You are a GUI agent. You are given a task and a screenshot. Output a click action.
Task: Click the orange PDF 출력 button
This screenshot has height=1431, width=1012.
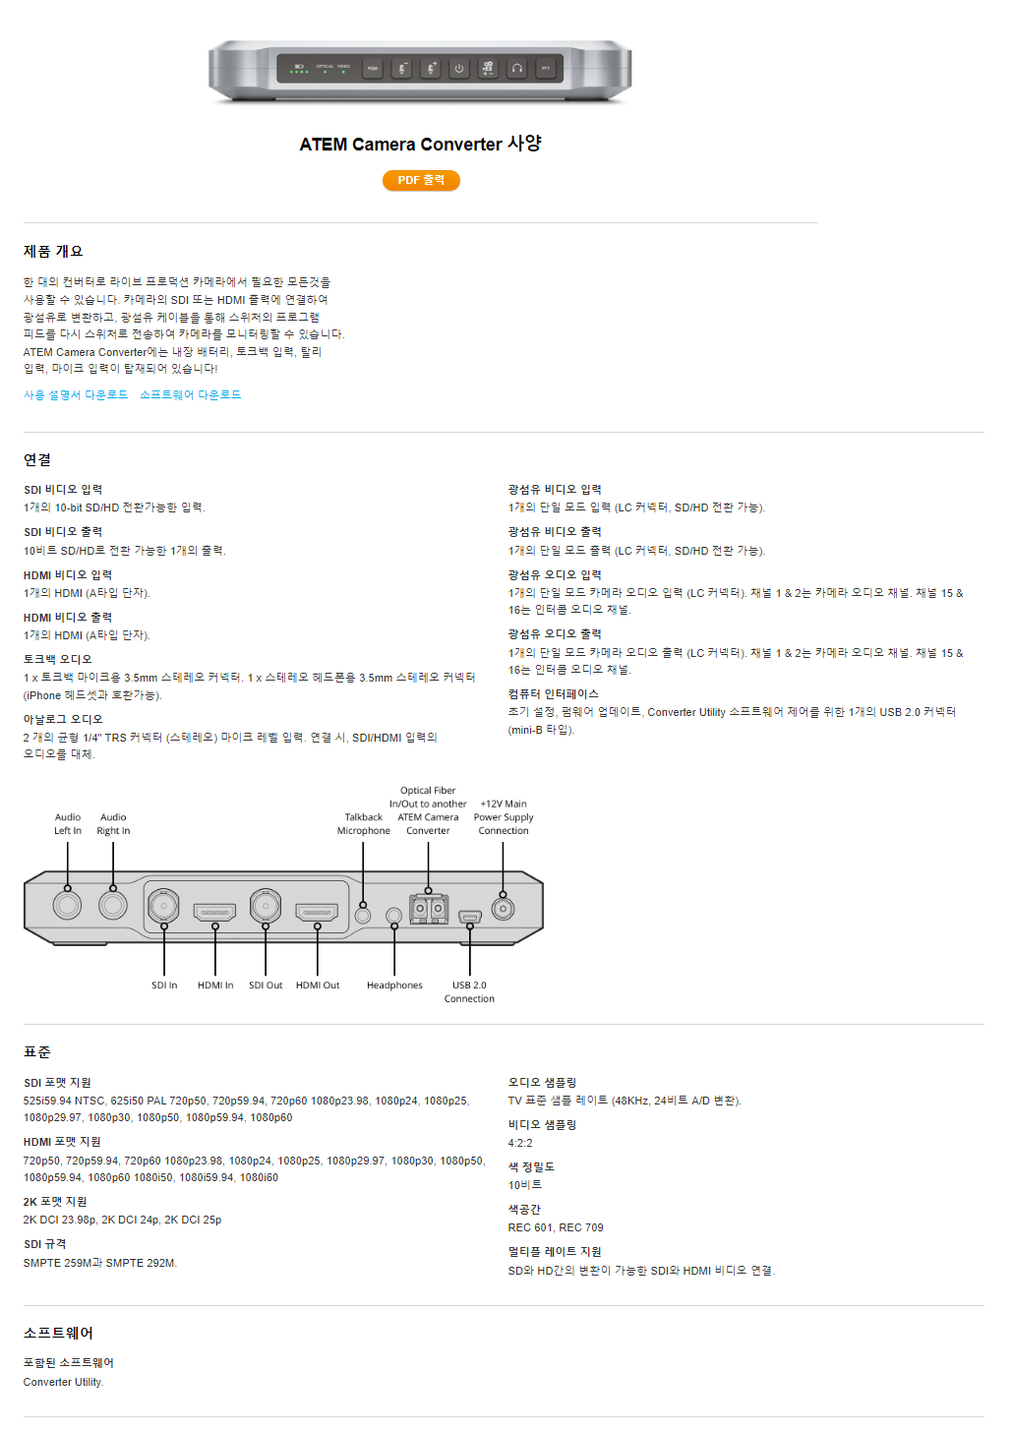point(421,180)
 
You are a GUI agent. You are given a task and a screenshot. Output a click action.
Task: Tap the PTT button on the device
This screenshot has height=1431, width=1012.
point(545,69)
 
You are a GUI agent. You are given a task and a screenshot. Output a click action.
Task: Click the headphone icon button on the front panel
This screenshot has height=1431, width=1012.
point(516,69)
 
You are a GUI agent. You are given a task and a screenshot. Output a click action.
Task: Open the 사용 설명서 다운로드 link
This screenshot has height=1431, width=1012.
point(76,394)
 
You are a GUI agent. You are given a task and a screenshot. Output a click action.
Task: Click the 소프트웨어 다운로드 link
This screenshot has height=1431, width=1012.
point(190,394)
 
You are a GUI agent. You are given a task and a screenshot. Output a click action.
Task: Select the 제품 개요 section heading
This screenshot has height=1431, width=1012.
point(53,251)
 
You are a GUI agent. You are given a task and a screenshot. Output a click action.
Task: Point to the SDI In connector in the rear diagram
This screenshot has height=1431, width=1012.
point(163,904)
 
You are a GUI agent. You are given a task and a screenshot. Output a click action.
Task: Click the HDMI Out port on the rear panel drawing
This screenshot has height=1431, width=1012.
point(317,912)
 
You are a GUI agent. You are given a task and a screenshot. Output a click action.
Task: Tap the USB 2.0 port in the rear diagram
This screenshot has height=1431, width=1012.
point(469,917)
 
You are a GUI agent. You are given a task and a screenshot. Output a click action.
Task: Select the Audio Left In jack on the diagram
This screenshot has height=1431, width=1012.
point(68,904)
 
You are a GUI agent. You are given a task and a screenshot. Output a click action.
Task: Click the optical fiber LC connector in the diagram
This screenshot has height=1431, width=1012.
point(428,908)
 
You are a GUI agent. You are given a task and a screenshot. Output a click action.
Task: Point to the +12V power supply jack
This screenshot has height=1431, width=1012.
point(503,908)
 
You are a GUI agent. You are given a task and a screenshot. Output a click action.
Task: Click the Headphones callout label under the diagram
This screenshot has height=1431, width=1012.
point(394,985)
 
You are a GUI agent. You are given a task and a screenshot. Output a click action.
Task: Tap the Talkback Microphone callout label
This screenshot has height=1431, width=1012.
point(364,824)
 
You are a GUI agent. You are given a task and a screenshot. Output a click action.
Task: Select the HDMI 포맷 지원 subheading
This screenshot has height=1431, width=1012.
point(62,1141)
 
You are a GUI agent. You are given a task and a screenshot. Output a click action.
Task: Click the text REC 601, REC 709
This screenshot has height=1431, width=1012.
point(556,1227)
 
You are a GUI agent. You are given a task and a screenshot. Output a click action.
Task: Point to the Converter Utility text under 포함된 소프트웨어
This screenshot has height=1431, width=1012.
point(63,1382)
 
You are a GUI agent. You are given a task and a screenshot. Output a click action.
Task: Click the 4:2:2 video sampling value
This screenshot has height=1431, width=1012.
point(520,1143)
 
